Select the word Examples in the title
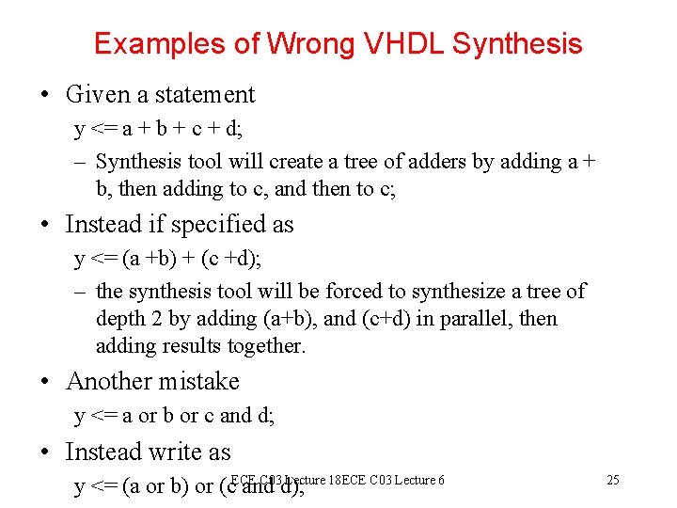pos(152,43)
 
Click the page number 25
pos(613,481)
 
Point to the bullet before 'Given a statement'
pos(45,95)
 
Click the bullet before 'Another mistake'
pos(45,382)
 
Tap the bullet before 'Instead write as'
pos(45,452)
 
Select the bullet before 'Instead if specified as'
pos(45,225)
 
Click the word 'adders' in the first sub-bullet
pos(435,162)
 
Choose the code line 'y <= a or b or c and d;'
pos(174,416)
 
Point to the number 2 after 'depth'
pos(154,319)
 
